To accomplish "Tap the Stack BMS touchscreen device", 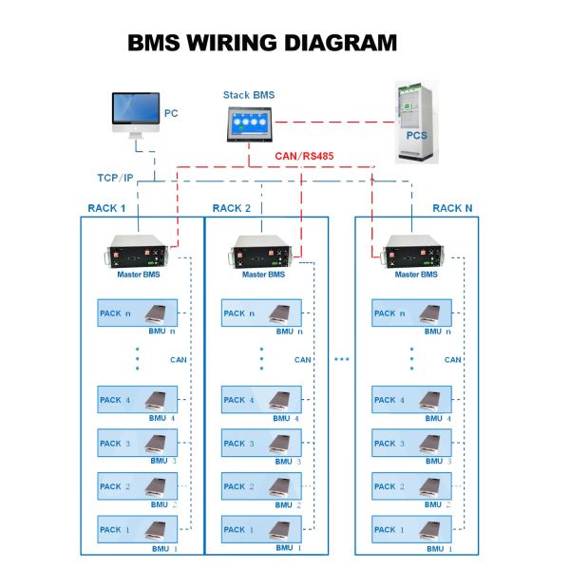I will click(x=249, y=123).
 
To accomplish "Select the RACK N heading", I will click(x=452, y=208).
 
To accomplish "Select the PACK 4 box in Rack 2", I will click(x=261, y=400).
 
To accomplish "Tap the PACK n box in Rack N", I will click(x=411, y=313).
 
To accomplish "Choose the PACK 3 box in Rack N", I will click(x=411, y=443).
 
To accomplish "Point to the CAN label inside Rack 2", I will click(x=303, y=360).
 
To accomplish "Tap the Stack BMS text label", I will click(x=248, y=95).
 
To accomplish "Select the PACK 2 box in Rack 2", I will click(x=261, y=486).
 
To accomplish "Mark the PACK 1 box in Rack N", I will click(x=411, y=529).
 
